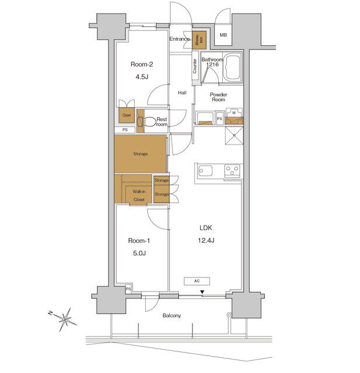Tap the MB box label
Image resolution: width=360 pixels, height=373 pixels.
(x=223, y=36)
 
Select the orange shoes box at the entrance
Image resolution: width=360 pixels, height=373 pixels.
(x=200, y=39)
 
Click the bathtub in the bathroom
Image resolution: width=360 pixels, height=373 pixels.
(x=234, y=67)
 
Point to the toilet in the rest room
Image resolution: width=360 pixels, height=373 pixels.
(x=149, y=122)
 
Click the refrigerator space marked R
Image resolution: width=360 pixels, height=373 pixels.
(x=233, y=138)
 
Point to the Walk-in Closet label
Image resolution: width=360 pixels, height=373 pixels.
(x=138, y=195)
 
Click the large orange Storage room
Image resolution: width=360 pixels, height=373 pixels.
(x=140, y=154)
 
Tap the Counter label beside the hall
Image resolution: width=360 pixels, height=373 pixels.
(x=194, y=66)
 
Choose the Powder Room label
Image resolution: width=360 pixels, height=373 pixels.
(x=218, y=97)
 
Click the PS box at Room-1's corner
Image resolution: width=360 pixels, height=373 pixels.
(x=128, y=288)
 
